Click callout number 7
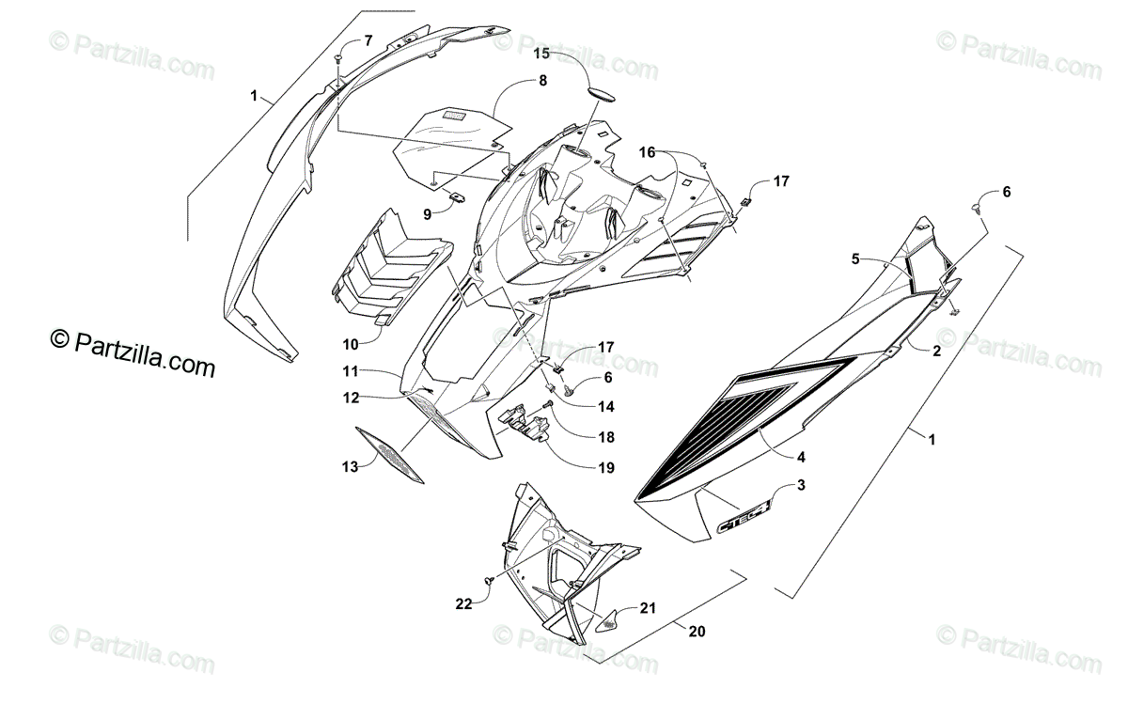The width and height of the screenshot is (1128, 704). tap(368, 39)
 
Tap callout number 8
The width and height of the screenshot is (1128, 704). tap(542, 81)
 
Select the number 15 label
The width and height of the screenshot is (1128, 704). tap(543, 54)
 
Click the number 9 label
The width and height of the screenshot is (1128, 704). tap(427, 214)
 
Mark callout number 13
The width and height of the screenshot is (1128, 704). tap(351, 466)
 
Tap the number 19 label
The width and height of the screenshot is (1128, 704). tap(605, 466)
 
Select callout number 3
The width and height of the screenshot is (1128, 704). tap(801, 485)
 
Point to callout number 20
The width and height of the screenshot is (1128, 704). tap(696, 631)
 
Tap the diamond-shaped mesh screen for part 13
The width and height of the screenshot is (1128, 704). tap(390, 456)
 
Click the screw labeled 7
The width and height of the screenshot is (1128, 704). tap(337, 59)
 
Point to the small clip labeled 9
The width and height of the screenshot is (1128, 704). tap(459, 196)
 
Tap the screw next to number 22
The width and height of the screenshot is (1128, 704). tap(489, 584)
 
